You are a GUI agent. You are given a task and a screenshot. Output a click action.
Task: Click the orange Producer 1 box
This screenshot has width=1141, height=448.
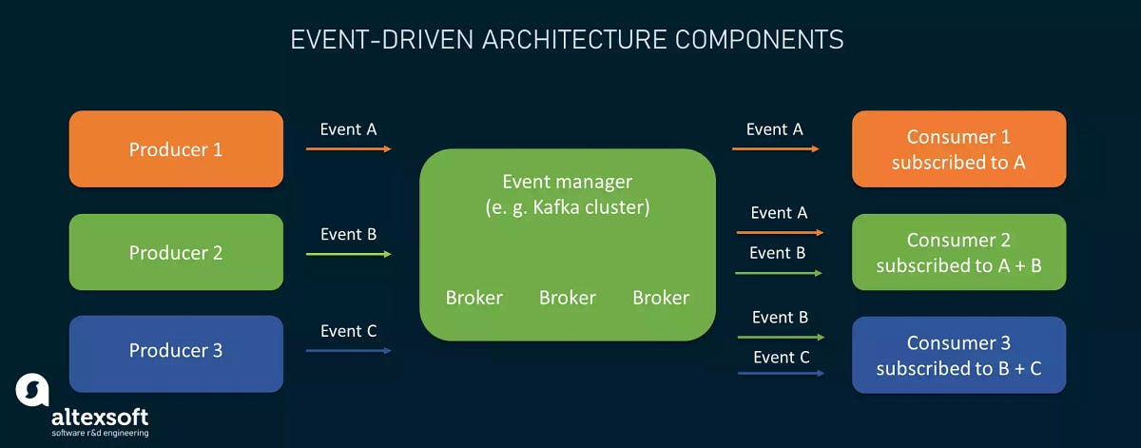(176, 149)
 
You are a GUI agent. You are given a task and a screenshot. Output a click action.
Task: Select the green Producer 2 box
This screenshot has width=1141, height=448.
(176, 252)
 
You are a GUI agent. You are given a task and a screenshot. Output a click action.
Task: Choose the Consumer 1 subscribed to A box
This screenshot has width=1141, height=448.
(958, 149)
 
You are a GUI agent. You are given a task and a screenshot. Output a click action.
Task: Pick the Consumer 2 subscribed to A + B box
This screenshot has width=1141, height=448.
(958, 252)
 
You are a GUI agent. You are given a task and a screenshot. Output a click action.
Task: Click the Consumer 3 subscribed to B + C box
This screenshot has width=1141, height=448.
(958, 355)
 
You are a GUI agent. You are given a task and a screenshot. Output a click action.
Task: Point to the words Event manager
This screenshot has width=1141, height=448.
(567, 181)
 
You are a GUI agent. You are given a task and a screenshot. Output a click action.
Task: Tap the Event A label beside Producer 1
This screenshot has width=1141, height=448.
(348, 129)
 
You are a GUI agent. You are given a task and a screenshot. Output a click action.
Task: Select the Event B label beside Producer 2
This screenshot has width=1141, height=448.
(348, 234)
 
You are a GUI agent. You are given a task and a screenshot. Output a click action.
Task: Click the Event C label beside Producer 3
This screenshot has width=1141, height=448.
(348, 331)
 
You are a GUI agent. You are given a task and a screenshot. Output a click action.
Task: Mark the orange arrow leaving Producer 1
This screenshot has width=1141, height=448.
(348, 149)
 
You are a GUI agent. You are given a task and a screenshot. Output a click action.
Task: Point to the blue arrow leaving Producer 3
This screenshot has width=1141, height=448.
(348, 351)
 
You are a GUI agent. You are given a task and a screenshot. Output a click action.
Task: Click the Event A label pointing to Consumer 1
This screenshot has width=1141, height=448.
(774, 129)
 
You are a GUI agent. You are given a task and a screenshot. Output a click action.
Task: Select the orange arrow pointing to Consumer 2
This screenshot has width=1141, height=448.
(779, 232)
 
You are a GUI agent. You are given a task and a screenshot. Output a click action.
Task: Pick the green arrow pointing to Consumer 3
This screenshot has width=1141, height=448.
(779, 337)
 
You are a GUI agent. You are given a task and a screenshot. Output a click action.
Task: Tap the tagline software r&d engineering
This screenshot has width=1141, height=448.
(100, 434)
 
